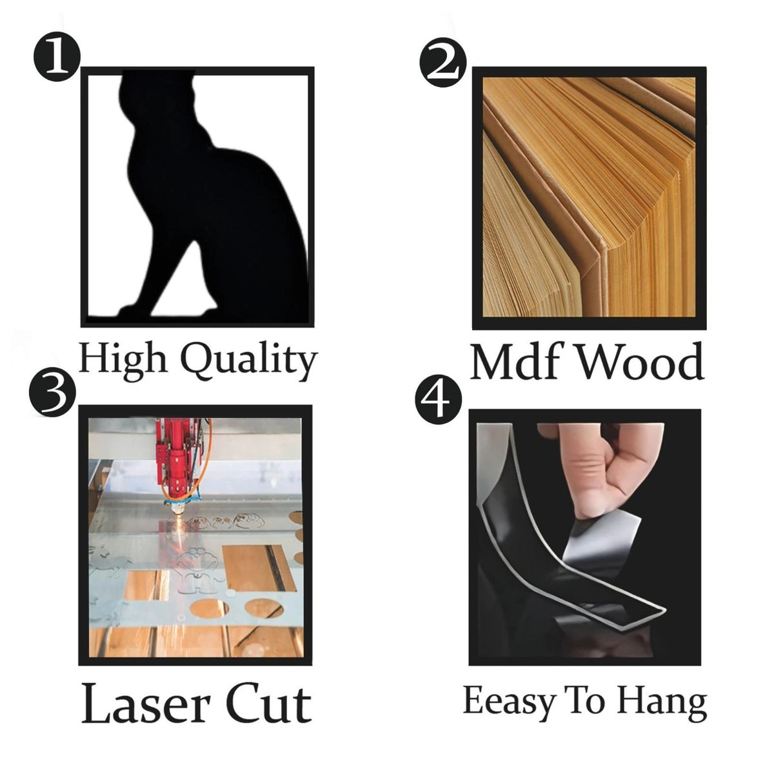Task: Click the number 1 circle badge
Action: click(x=57, y=57)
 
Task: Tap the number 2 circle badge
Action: click(x=443, y=63)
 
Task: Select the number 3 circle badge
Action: click(x=53, y=391)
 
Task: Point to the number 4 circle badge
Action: click(x=438, y=401)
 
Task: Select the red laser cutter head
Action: click(x=176, y=462)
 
